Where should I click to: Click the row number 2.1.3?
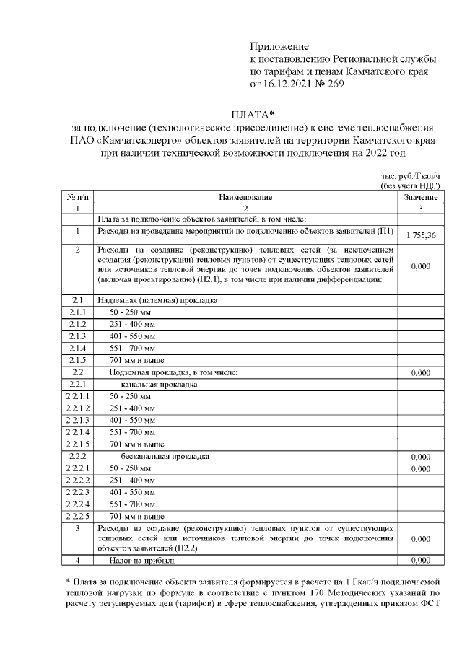(76, 336)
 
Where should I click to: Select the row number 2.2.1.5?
(76, 444)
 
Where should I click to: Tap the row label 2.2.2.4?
(76, 504)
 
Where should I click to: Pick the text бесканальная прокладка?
(170, 457)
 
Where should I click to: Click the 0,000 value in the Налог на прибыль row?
(420, 559)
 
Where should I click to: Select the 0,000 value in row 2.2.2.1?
(420, 469)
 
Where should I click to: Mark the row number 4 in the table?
(76, 559)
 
